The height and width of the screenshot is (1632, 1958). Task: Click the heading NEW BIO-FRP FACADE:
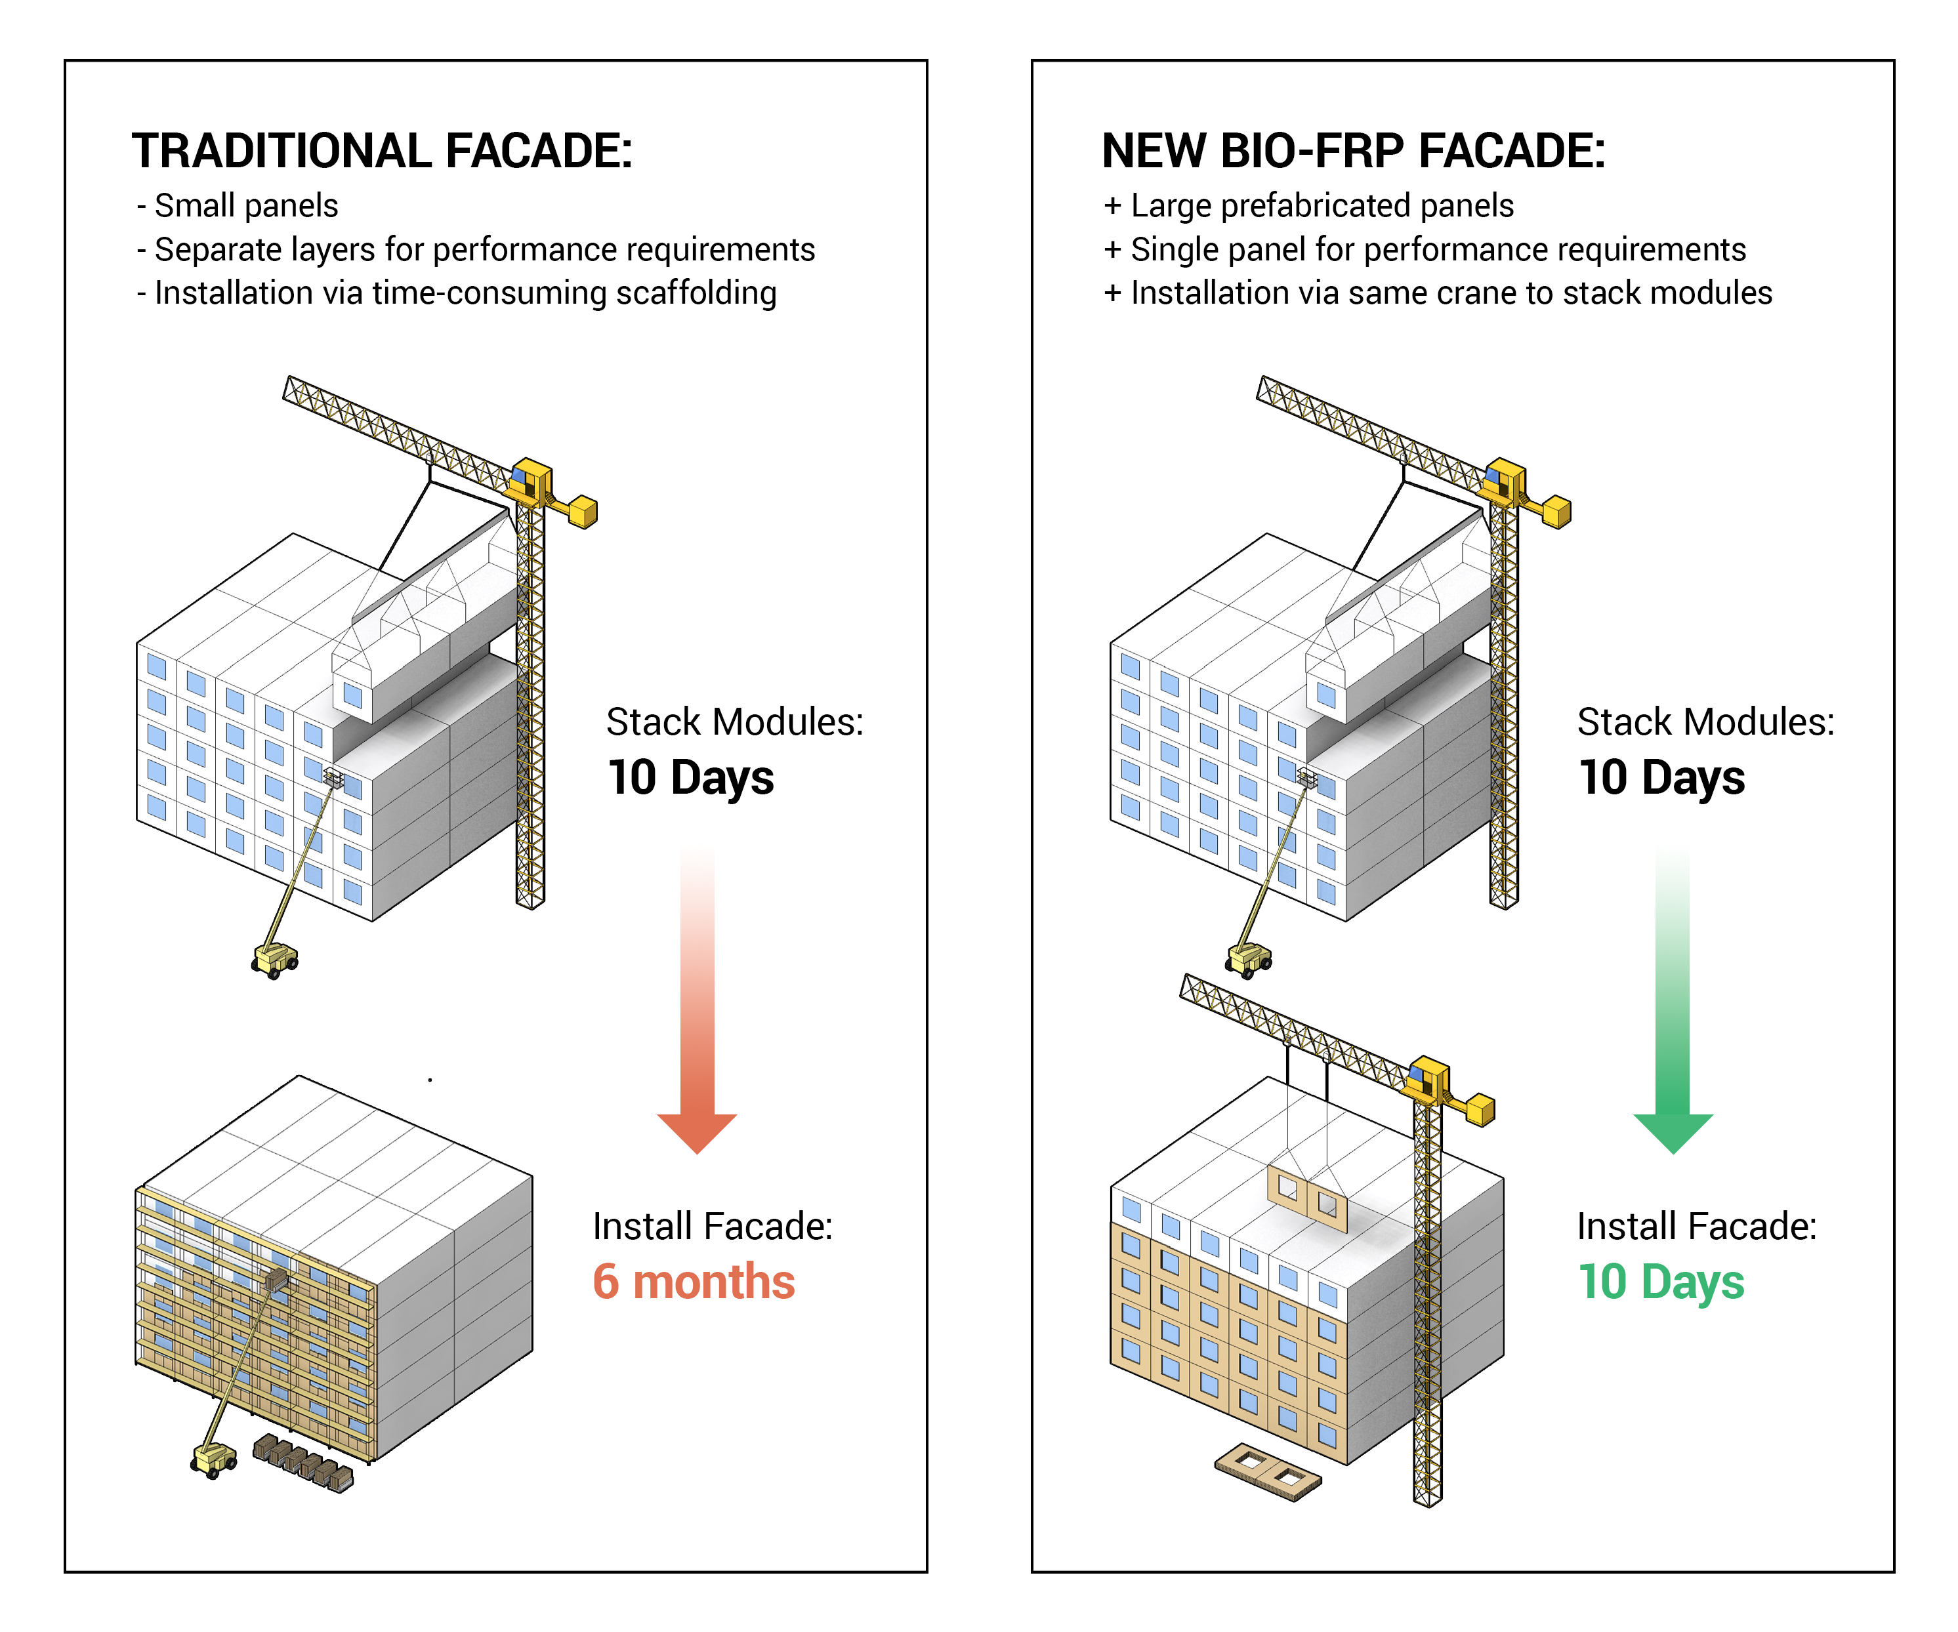1353,151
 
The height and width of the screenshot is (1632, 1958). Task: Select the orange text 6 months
694,1282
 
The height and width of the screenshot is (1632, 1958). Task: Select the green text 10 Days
1661,1282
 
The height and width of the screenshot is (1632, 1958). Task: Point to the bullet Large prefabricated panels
1308,205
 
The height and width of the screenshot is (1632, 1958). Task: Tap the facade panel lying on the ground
1268,1472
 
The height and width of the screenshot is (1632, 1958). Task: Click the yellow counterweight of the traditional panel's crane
583,512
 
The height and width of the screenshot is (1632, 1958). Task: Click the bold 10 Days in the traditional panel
690,778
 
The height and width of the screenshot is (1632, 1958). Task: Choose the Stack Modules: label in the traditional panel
735,722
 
